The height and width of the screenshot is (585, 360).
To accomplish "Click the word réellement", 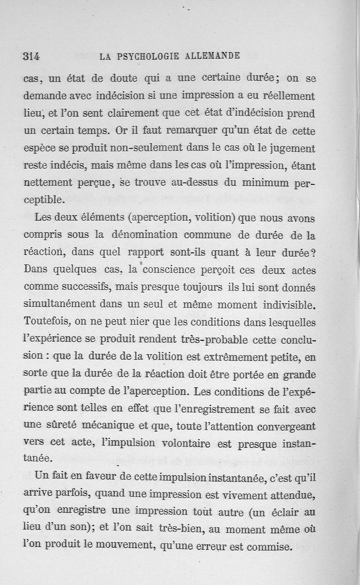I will [288, 96].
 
